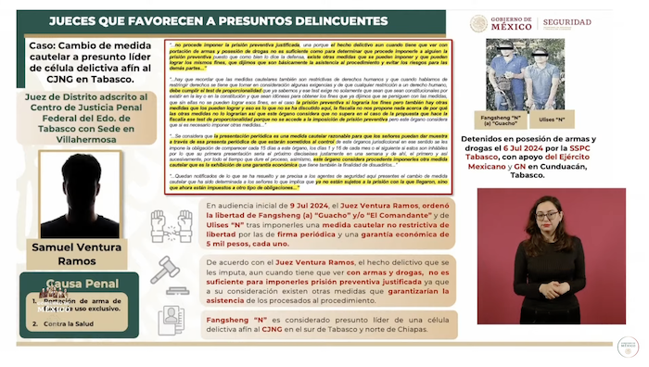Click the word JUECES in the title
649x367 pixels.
tap(79, 19)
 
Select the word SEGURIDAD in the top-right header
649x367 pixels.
tap(593, 21)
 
